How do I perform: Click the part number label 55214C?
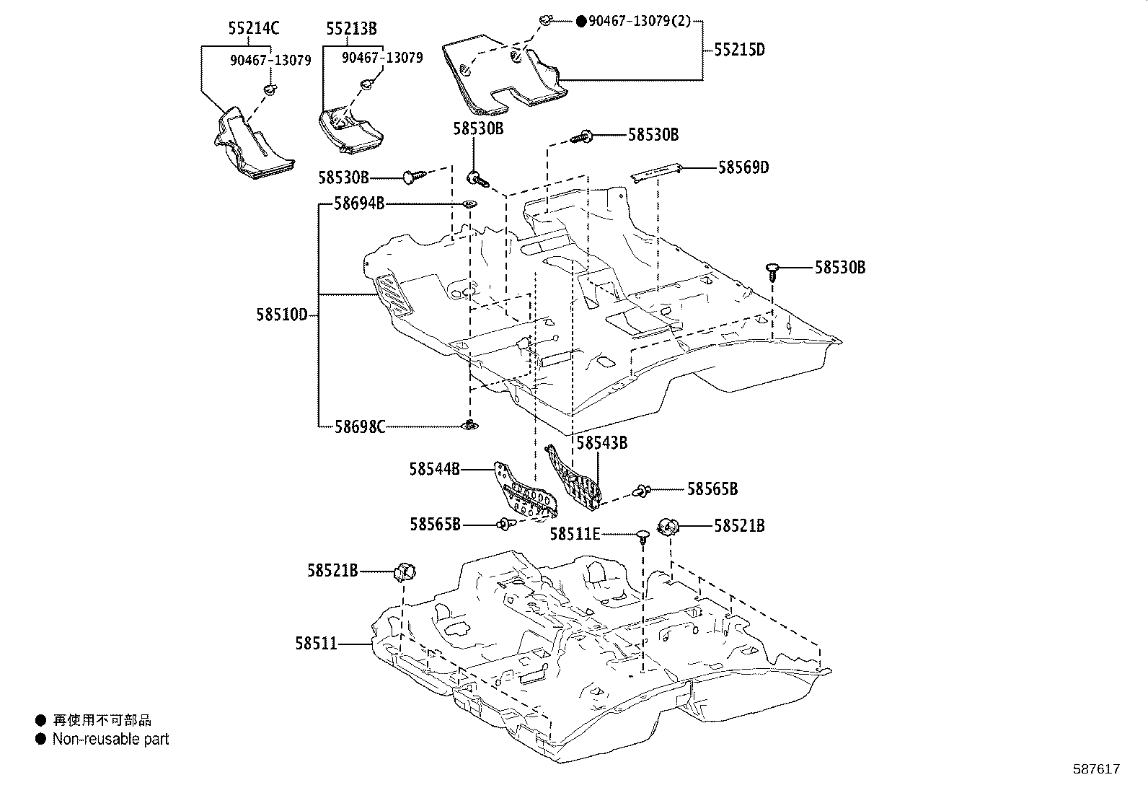253,28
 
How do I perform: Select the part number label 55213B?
351,29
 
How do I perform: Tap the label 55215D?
739,50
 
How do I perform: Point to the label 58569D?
743,167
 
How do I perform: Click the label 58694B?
358,203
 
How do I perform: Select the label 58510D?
281,315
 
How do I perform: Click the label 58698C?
359,426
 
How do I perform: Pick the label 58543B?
601,443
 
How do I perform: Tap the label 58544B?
434,469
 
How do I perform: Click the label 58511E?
575,534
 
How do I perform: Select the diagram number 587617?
1095,769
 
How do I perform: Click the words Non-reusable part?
110,739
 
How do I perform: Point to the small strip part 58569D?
655,173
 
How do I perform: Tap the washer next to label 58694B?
469,204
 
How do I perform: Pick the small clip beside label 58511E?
643,535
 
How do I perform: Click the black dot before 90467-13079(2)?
581,22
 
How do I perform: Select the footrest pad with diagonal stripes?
395,295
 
